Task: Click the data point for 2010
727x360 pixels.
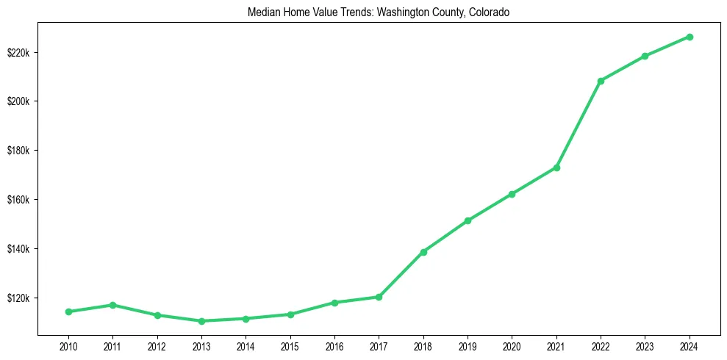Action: coord(68,312)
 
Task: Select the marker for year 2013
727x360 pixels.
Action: coord(201,321)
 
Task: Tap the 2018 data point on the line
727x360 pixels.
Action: coord(423,252)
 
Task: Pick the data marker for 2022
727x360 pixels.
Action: coord(601,81)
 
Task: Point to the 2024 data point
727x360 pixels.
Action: coord(690,37)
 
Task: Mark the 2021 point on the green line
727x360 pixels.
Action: coord(556,168)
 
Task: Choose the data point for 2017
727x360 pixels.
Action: coord(379,297)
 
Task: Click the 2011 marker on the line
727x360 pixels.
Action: coord(112,305)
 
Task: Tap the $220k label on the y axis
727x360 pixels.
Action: coord(18,52)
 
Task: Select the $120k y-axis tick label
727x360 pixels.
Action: coord(18,298)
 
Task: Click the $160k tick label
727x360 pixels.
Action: coord(18,200)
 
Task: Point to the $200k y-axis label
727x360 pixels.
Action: coord(18,101)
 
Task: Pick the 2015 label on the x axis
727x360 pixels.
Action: coord(290,345)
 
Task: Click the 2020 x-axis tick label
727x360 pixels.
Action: coord(512,345)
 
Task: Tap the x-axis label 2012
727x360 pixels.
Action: coord(157,345)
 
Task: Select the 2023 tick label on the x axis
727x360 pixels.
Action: coord(645,345)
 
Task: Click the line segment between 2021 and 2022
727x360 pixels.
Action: coord(579,124)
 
